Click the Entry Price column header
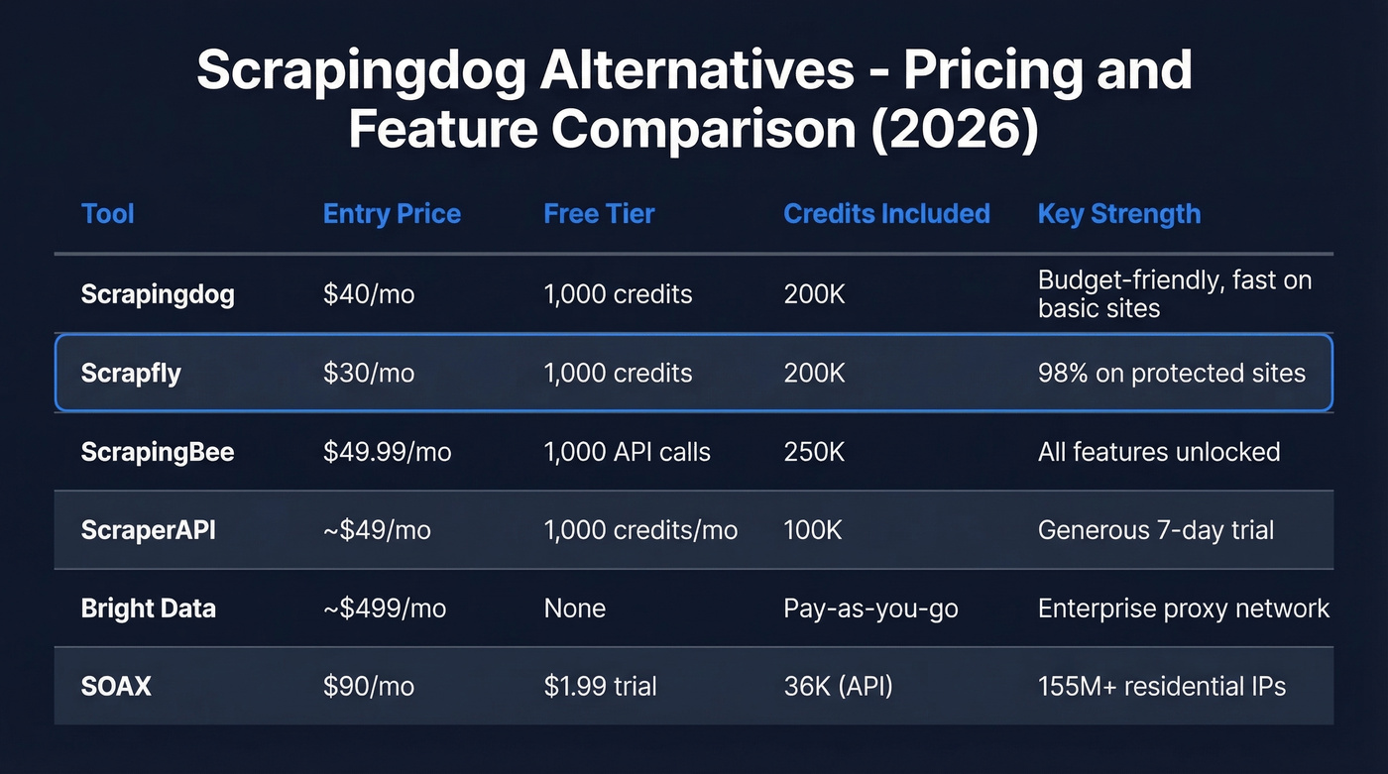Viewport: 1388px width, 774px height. (x=392, y=214)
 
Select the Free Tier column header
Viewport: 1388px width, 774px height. (x=599, y=214)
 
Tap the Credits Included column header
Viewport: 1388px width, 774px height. (x=886, y=214)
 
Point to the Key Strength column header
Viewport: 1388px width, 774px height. (x=1118, y=214)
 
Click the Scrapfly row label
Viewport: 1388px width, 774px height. (x=131, y=374)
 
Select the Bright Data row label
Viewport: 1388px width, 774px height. (x=148, y=608)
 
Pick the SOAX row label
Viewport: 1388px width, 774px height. (x=116, y=686)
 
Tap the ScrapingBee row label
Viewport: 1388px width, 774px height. (x=158, y=453)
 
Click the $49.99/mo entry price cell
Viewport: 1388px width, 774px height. (x=387, y=453)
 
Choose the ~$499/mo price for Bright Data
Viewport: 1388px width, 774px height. (x=385, y=608)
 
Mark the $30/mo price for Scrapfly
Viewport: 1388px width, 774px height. (x=369, y=374)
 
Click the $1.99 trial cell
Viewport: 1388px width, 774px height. (x=600, y=686)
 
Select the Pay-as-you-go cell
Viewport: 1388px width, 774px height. (x=870, y=608)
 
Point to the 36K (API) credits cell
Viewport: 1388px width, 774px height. (x=838, y=686)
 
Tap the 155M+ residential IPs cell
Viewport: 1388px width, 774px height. (x=1161, y=686)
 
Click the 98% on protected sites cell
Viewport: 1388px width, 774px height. (x=1171, y=374)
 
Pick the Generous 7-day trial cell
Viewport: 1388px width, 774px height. (x=1155, y=530)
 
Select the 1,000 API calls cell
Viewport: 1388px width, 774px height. (x=627, y=453)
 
